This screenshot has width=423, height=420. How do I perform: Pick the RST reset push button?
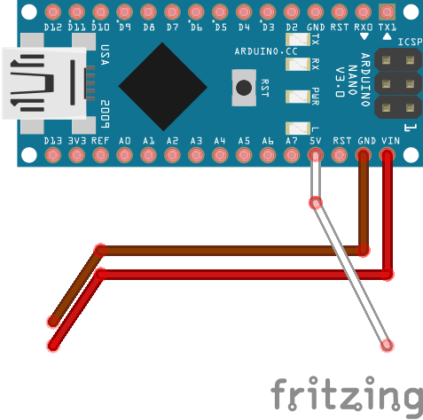(x=243, y=87)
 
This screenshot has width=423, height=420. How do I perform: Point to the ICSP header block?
(x=396, y=85)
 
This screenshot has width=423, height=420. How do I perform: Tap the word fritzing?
(x=345, y=393)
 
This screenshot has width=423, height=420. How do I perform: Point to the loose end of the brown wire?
(x=53, y=323)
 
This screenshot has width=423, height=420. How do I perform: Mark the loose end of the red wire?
(x=53, y=346)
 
